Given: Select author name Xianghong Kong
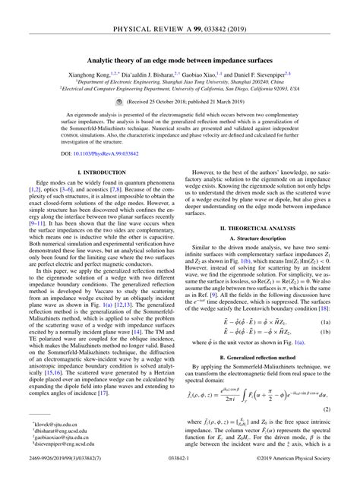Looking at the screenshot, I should coord(94,75).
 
